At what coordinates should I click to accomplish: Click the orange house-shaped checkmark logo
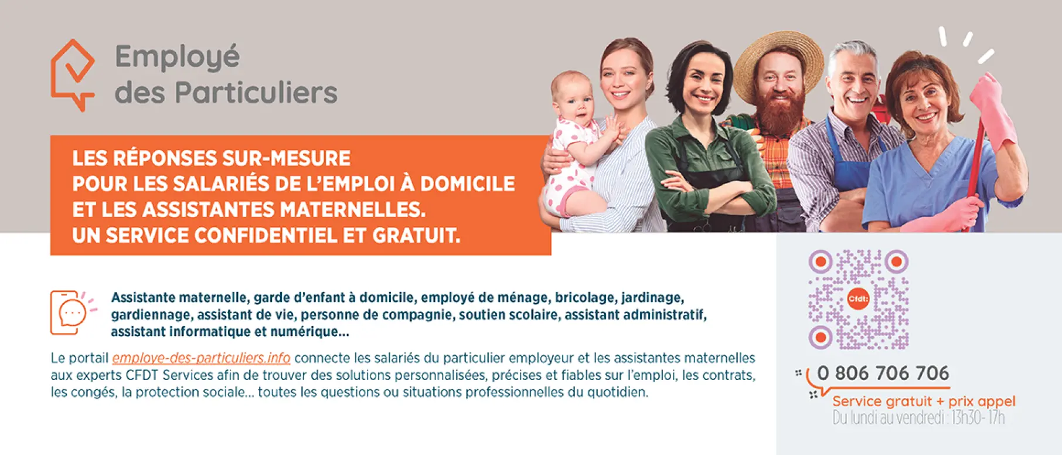(x=73, y=75)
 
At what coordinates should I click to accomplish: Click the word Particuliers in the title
(x=256, y=93)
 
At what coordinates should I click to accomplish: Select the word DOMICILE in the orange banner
(x=468, y=184)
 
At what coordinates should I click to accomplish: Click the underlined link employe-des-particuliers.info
(x=201, y=358)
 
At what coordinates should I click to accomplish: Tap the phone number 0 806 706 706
(x=883, y=373)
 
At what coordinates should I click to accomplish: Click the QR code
(x=859, y=300)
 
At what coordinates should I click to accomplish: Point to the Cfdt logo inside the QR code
(x=858, y=299)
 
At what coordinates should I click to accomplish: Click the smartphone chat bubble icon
(x=73, y=313)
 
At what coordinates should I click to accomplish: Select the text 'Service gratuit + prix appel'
(x=924, y=402)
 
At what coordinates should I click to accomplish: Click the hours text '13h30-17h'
(x=978, y=418)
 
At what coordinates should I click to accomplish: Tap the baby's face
(x=573, y=100)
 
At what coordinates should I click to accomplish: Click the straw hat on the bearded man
(x=778, y=63)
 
